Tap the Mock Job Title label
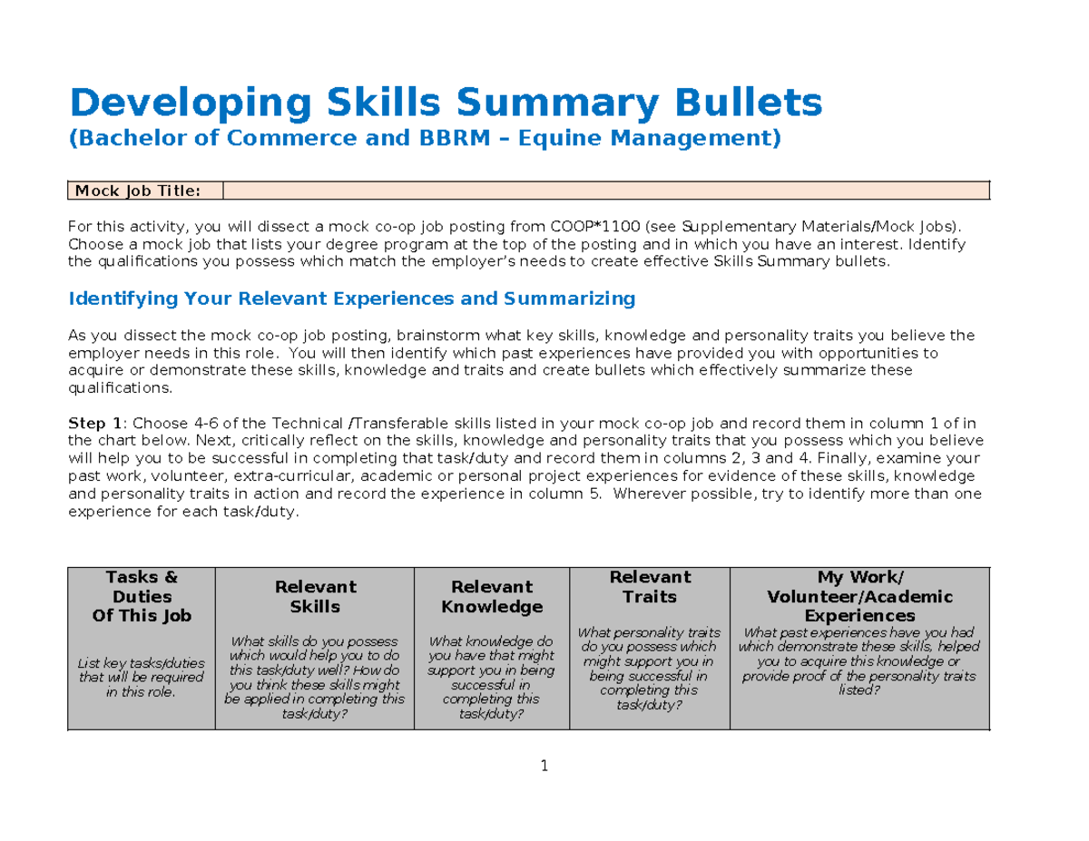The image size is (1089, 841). pos(145,191)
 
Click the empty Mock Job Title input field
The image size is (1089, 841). pos(605,191)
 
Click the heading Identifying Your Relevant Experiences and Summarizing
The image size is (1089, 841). pos(352,298)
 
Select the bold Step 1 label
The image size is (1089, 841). pos(94,424)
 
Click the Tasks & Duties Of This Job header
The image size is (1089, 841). pos(142,596)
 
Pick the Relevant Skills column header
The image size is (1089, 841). pos(315,597)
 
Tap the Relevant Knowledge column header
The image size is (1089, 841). pos(492,597)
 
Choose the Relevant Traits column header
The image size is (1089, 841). pos(650,587)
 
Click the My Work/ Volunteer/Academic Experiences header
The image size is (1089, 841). pos(859,596)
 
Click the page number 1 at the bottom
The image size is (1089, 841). pos(544,767)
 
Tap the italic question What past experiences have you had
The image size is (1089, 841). pos(858,632)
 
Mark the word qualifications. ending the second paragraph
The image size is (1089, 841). pos(120,387)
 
